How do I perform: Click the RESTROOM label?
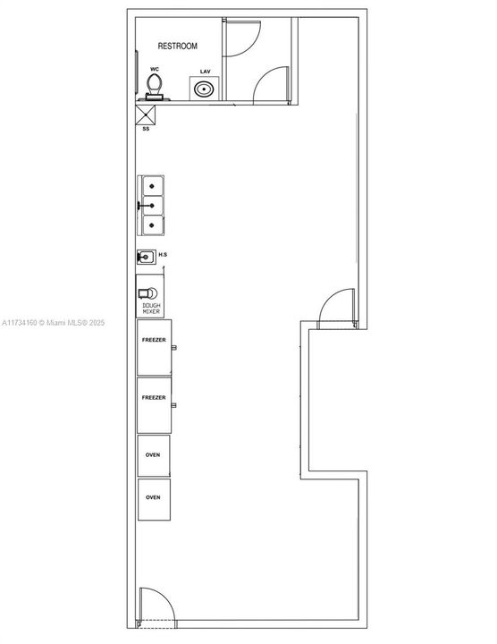177,46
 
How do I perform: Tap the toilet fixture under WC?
155,87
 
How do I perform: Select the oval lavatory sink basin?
204,89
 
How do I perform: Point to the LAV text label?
206,72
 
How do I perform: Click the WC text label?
155,70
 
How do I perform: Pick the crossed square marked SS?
146,115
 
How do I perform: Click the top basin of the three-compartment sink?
152,186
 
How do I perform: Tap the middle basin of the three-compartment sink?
152,206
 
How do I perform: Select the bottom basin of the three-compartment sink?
152,225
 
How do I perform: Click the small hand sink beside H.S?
146,257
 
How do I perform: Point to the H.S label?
163,255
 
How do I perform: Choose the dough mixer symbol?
147,293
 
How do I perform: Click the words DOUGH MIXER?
151,309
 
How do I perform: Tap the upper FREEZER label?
154,340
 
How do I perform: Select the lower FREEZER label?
154,397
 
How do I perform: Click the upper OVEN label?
153,454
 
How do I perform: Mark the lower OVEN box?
154,499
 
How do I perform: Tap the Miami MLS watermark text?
54,323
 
